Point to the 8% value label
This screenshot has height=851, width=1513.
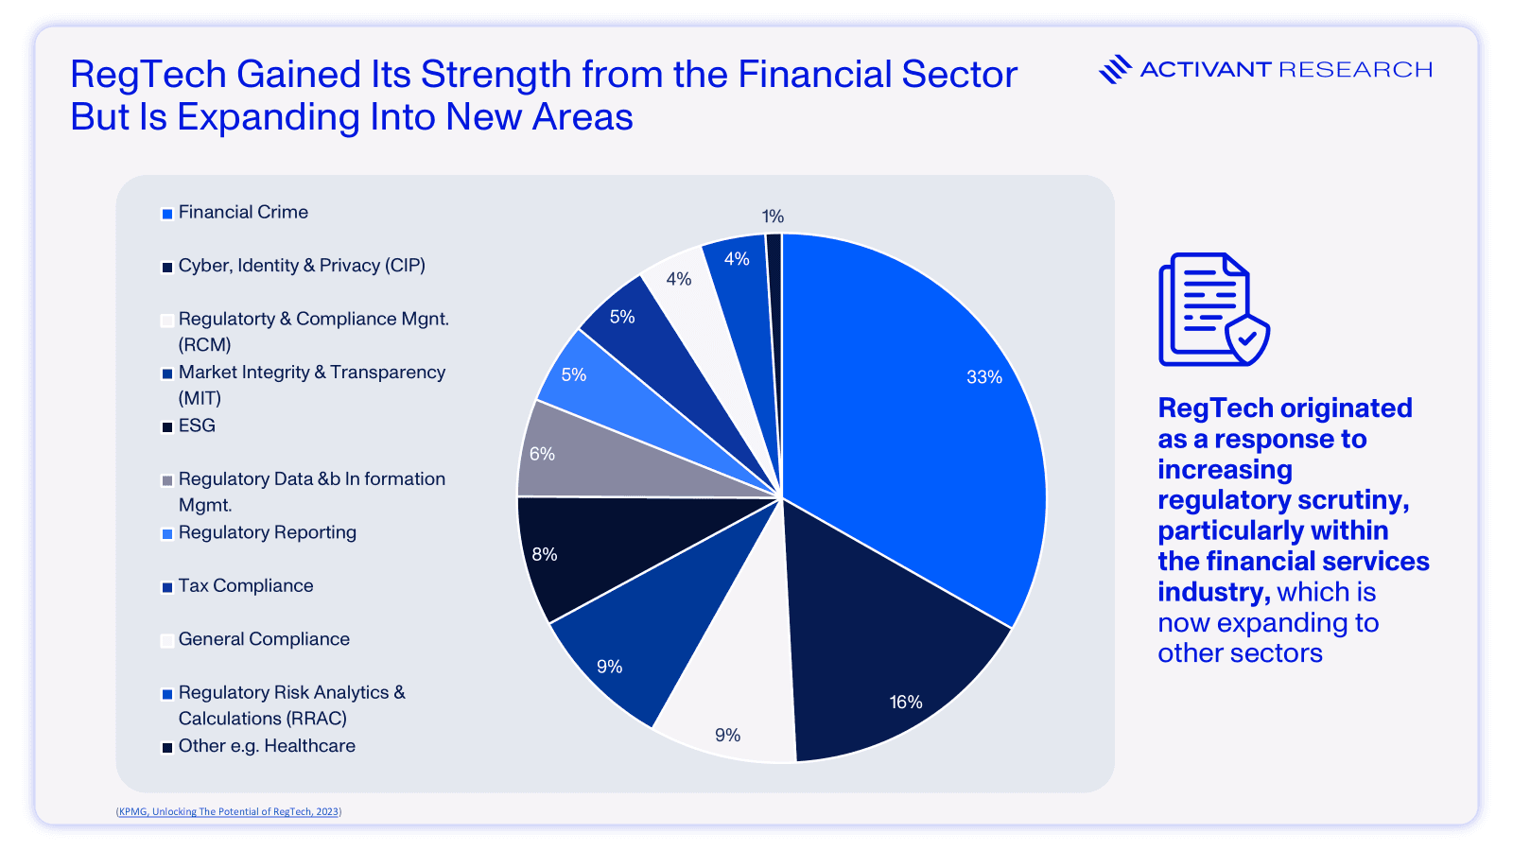[x=545, y=554]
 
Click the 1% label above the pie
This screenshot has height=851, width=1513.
[x=773, y=217]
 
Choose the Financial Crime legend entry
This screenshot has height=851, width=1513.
[x=243, y=213]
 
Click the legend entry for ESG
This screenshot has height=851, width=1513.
[x=197, y=426]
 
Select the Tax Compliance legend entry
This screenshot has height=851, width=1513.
[x=246, y=586]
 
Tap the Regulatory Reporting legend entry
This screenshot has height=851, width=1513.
[x=268, y=533]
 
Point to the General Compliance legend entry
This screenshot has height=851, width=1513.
[x=264, y=640]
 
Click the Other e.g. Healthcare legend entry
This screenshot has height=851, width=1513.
[x=267, y=747]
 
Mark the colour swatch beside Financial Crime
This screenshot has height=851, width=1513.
[x=167, y=214]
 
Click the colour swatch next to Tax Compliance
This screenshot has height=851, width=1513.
[x=167, y=587]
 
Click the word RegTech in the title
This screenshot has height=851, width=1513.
[x=148, y=75]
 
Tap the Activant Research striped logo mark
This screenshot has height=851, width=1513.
[x=1115, y=69]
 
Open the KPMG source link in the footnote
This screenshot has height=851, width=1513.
[x=229, y=811]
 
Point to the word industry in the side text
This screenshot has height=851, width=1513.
[x=1212, y=593]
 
